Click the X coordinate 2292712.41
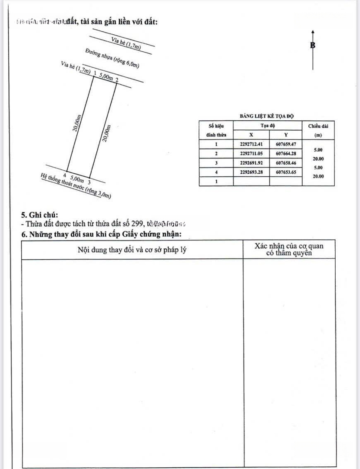(251, 144)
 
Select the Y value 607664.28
(285, 154)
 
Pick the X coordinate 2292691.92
(251, 163)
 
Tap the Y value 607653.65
(285, 173)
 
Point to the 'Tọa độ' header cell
(268, 126)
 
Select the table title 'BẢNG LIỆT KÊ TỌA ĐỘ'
(267, 116)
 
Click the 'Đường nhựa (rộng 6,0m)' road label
(112, 59)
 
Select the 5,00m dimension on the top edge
(106, 77)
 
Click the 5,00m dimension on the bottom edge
(77, 178)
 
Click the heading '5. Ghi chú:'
(39, 215)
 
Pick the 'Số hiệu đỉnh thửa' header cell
(216, 130)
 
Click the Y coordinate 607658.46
(285, 163)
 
